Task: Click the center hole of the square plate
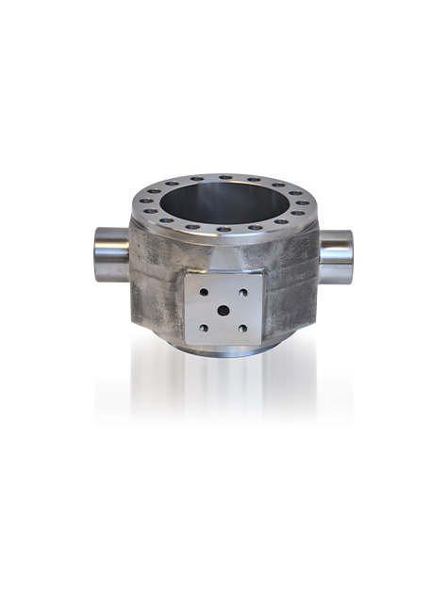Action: (224, 310)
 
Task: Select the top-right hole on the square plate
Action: (243, 293)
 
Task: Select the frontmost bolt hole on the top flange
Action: (224, 229)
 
